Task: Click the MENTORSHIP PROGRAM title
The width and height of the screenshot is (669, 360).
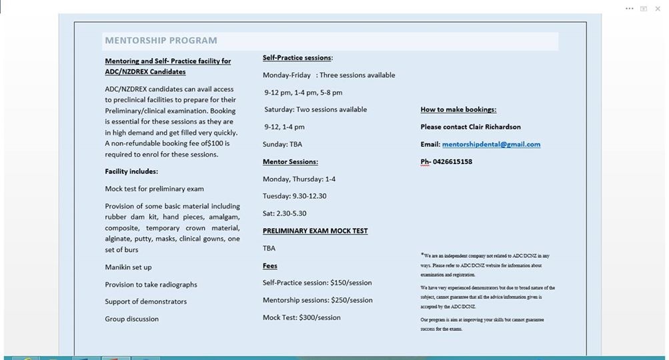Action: [x=161, y=41]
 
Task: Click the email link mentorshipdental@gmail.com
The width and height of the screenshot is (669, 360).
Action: [x=491, y=144]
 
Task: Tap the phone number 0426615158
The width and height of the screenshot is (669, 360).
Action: [x=452, y=161]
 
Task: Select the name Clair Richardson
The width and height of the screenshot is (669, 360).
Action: [x=492, y=127]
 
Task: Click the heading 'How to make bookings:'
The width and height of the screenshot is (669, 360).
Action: [x=458, y=109]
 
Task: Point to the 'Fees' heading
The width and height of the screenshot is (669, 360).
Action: [x=270, y=265]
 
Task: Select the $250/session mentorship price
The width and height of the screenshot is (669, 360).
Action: [x=351, y=300]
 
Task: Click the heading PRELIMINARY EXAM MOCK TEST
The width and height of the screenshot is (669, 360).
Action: [x=315, y=231]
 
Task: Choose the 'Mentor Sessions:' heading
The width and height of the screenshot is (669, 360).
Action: [x=290, y=161]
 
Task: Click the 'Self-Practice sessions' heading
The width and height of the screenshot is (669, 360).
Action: [x=297, y=58]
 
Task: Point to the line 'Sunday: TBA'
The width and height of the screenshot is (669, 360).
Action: [x=282, y=144]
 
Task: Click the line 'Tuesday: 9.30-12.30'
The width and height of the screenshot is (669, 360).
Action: [x=294, y=196]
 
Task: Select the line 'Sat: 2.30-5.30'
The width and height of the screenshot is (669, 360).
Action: [x=284, y=213]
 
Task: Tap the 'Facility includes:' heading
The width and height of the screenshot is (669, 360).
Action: [x=131, y=171]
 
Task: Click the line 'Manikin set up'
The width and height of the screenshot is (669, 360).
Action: [x=128, y=267]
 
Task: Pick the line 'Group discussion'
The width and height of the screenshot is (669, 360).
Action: [x=131, y=319]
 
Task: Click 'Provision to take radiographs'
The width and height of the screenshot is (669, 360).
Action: [x=151, y=285]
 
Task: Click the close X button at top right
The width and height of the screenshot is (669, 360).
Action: [x=658, y=9]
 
